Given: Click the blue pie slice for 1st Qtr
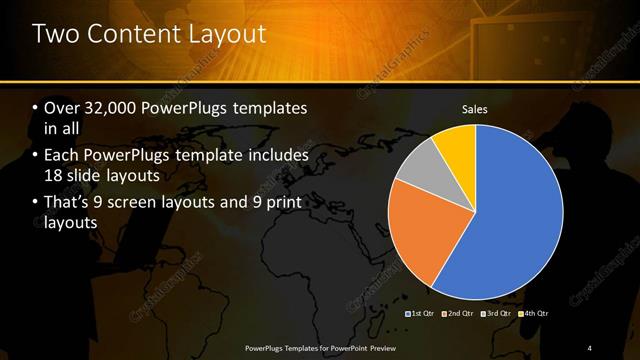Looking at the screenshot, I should coord(510,220).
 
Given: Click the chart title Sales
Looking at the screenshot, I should coord(474,108).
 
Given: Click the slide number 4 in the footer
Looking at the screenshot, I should coord(590,347).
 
